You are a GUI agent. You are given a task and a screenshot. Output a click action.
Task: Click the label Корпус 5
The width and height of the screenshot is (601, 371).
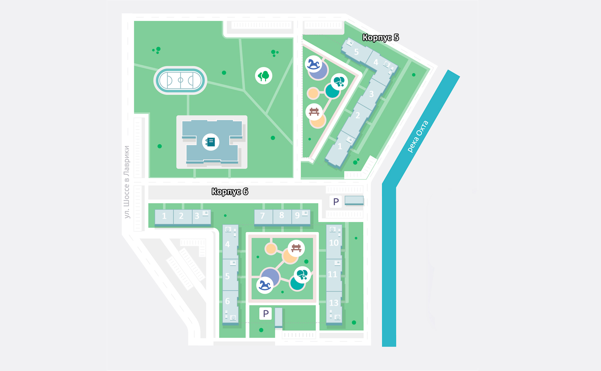coord(381,38)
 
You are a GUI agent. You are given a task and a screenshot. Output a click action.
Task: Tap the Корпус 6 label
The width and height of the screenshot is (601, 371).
coord(230,191)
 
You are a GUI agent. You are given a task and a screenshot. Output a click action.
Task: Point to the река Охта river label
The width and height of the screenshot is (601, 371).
coord(418,137)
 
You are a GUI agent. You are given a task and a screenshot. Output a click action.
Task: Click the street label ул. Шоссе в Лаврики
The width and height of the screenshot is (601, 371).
coord(127,182)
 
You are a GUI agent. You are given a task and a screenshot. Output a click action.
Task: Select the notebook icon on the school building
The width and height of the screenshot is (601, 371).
coord(211,142)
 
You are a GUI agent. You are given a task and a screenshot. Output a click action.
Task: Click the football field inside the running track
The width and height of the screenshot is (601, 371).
coord(180,80)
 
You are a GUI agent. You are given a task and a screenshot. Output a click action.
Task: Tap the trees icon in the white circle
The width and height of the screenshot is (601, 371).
coord(264,76)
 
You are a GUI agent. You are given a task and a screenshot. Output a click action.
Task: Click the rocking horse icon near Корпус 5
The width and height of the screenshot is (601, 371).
coord(313,64)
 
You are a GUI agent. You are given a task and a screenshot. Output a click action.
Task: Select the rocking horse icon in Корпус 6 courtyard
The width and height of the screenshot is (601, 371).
coord(265,285)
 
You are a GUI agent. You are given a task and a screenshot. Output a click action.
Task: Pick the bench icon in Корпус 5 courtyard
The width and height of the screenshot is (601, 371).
coord(314,112)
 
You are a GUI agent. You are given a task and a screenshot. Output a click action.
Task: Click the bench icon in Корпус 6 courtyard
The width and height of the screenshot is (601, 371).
coord(296,248)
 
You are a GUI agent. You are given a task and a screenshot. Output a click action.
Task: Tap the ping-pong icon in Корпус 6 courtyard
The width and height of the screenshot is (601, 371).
coord(302,275)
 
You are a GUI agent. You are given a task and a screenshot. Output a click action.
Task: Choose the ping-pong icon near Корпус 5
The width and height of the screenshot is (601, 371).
coord(339,82)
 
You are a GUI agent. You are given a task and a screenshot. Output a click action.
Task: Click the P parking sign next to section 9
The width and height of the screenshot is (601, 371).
coord(336,202)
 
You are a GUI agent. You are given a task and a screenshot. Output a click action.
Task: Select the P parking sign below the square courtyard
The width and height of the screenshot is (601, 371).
coord(265,313)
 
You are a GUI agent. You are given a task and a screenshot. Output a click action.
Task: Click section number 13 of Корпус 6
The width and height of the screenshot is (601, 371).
coord(334,303)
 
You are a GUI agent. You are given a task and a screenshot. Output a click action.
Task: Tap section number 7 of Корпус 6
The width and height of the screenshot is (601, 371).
coord(262,216)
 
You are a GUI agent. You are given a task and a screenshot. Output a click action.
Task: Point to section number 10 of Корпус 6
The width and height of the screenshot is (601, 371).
coord(334,243)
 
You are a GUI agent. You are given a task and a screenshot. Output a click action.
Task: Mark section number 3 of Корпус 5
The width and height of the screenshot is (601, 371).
coord(371,94)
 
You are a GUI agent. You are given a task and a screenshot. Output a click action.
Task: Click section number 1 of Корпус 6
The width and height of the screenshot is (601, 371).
coord(164,216)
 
